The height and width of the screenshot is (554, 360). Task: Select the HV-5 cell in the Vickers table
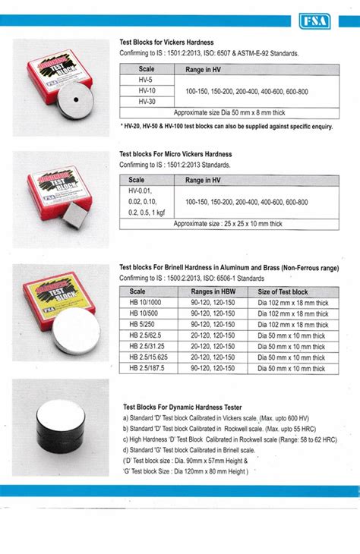tap(147, 79)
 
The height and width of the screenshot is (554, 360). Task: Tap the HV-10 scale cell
tap(147, 90)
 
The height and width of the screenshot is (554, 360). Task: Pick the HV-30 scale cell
tap(147, 100)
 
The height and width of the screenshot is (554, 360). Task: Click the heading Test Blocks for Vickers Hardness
tap(168, 43)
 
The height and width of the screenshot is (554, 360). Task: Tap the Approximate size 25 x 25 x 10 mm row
tap(229, 223)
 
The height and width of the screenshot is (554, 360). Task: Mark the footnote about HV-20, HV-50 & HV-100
tap(226, 126)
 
